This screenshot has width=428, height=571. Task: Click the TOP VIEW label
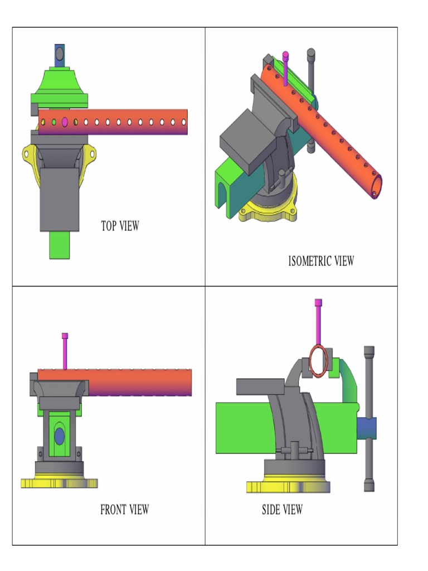[120, 226]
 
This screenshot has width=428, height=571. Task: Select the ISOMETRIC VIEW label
[321, 260]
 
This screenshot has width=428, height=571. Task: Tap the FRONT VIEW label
[124, 509]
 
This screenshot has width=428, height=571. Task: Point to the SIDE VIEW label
[283, 509]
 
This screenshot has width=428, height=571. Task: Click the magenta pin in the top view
[65, 121]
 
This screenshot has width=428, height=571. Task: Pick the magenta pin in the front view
[65, 351]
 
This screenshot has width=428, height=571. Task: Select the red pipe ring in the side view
[319, 361]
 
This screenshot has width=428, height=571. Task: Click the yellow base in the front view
[59, 483]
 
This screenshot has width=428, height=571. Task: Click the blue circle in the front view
[60, 436]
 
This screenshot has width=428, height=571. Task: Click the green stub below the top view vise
[59, 245]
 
